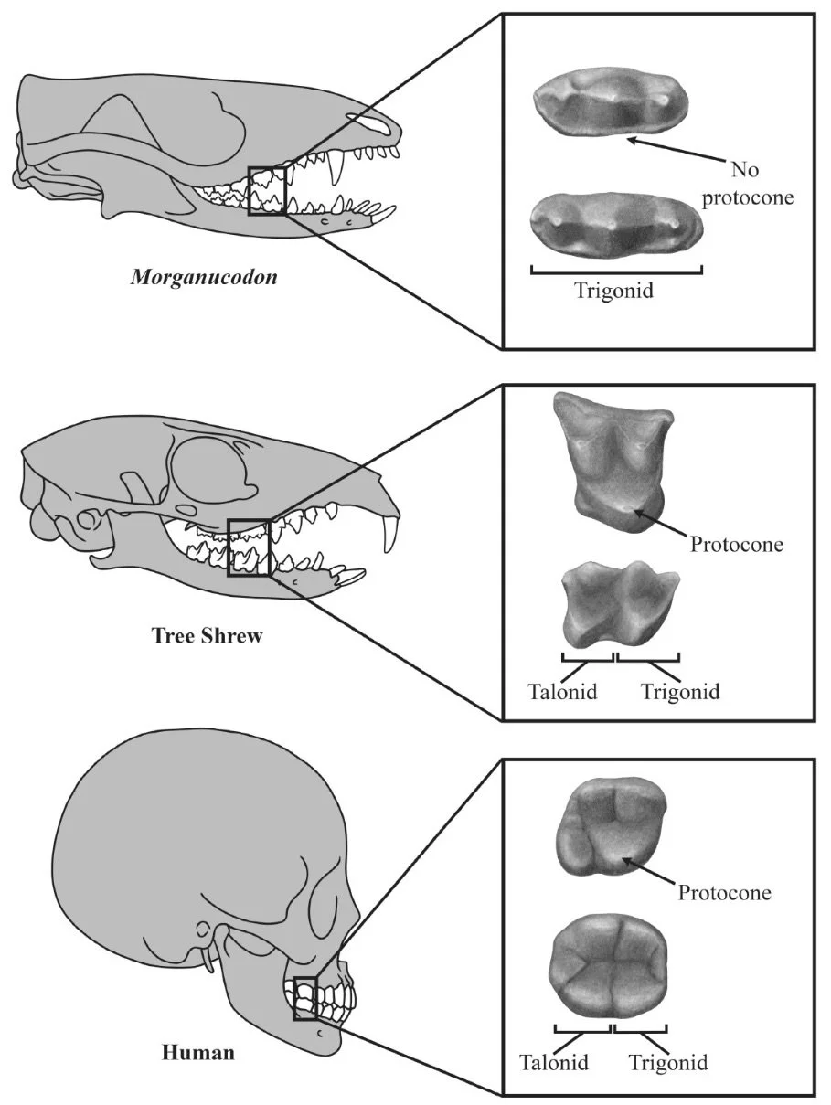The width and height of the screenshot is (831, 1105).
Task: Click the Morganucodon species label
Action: coord(204,276)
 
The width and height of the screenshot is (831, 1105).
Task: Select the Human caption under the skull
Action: coord(198,1052)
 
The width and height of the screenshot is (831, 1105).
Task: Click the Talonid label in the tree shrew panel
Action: coord(562,691)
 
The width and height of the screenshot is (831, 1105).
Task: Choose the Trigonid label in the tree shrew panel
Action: coord(680,691)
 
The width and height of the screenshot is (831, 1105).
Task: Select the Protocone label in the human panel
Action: coord(724,892)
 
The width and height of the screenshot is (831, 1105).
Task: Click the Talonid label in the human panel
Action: coord(554,1063)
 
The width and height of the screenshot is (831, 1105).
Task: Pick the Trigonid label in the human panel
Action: coord(668,1063)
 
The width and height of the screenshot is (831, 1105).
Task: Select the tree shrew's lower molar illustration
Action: coord(618,604)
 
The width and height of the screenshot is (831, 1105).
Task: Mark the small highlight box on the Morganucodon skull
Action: coord(267,189)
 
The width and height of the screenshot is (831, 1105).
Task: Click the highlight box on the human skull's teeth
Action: coord(304,997)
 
